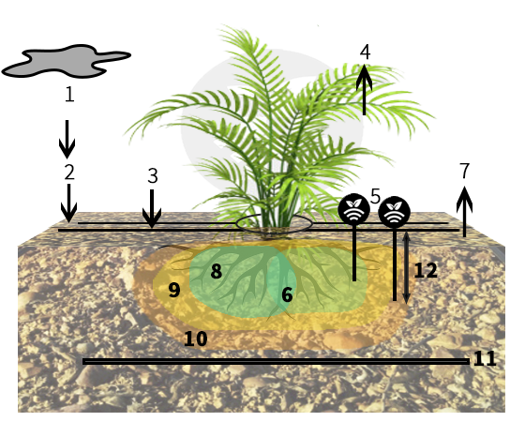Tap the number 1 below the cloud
[69, 94]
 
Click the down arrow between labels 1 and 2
[67, 139]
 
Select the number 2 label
[69, 173]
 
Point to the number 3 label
[153, 175]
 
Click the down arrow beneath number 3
[152, 208]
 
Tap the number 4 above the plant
[366, 53]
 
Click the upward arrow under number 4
[365, 89]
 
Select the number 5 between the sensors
[376, 196]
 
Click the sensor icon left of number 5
[354, 209]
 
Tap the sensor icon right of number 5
[394, 212]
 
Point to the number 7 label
[465, 170]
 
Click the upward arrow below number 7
[464, 212]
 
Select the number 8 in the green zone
[217, 271]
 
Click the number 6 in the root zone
[287, 294]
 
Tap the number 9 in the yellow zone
[174, 290]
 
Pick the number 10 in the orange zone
[196, 339]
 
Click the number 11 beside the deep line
[485, 358]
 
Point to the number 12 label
[426, 271]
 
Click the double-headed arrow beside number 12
[406, 268]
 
